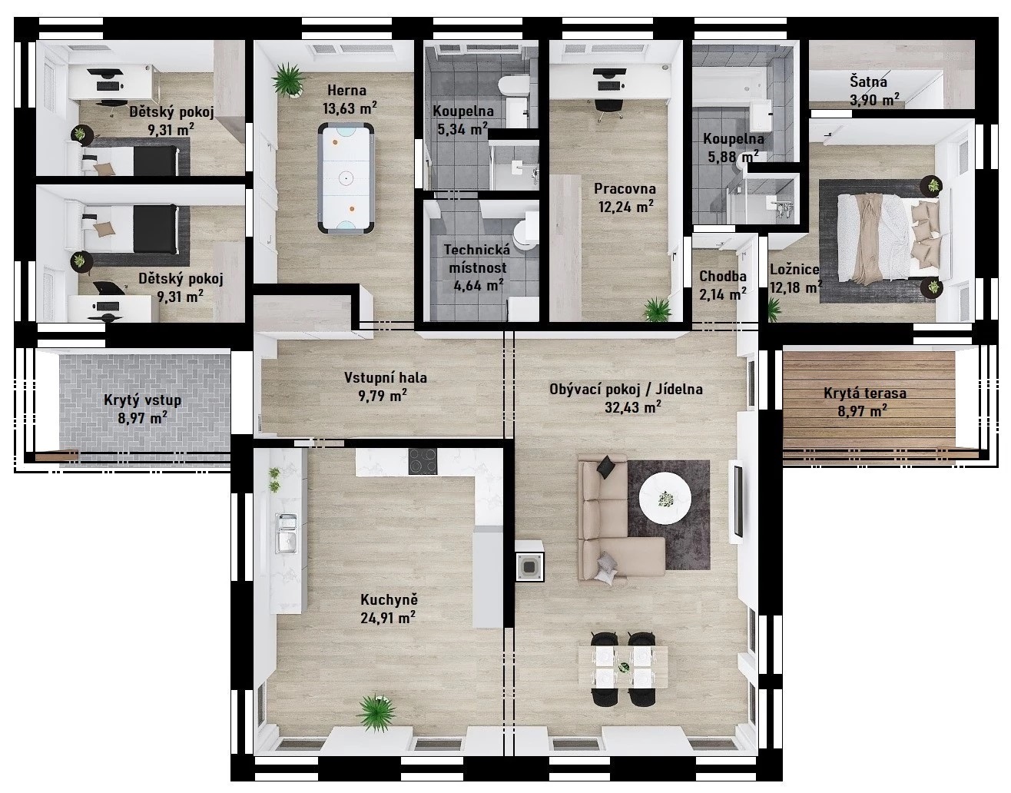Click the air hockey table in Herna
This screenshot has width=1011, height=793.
pos(346,178)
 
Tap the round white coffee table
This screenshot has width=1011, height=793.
pos(665,498)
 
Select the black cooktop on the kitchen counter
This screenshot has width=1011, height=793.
pos(423,461)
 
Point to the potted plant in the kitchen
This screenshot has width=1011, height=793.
pos(376,712)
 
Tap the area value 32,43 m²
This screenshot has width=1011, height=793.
pos(633,406)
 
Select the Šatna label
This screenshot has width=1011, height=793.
pos(868,82)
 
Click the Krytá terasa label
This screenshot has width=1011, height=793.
pos(865,393)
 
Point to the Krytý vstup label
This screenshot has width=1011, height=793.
pos(142,400)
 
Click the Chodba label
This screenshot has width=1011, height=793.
pos(723,277)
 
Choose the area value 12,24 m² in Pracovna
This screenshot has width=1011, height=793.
pos(626,206)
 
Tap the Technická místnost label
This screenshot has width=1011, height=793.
pos(477,259)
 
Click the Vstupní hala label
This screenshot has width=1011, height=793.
pos(386,377)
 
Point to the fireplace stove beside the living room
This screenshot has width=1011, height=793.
pos(529,561)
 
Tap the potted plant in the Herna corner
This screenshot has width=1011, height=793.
pos(288,81)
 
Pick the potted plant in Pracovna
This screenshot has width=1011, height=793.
pos(657,310)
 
